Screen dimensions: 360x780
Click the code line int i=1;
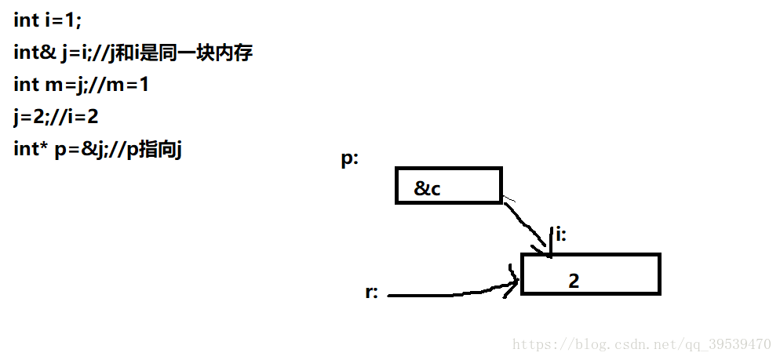47,20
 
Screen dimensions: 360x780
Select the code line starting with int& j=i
133,53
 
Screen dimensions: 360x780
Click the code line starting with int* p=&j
97,149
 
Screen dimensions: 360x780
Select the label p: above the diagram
350,158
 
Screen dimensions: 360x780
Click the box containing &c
448,186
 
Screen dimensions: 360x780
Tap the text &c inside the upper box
427,188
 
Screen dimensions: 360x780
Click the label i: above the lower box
560,234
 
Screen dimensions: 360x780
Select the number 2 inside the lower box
574,280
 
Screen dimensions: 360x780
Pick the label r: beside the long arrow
372,293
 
